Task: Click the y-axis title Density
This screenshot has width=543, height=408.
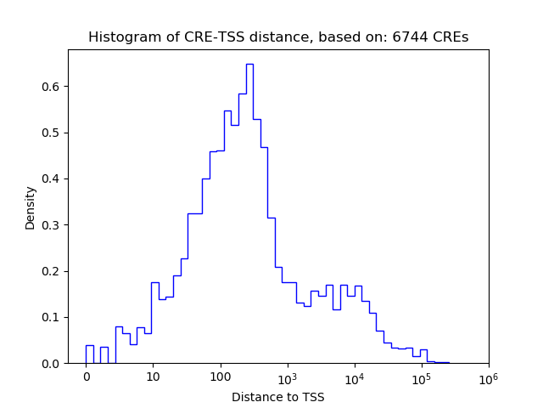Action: [31, 207]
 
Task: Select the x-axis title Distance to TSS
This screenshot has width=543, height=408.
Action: [278, 397]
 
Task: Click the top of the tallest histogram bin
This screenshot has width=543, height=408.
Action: [249, 64]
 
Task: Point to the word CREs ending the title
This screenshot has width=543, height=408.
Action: [450, 37]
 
